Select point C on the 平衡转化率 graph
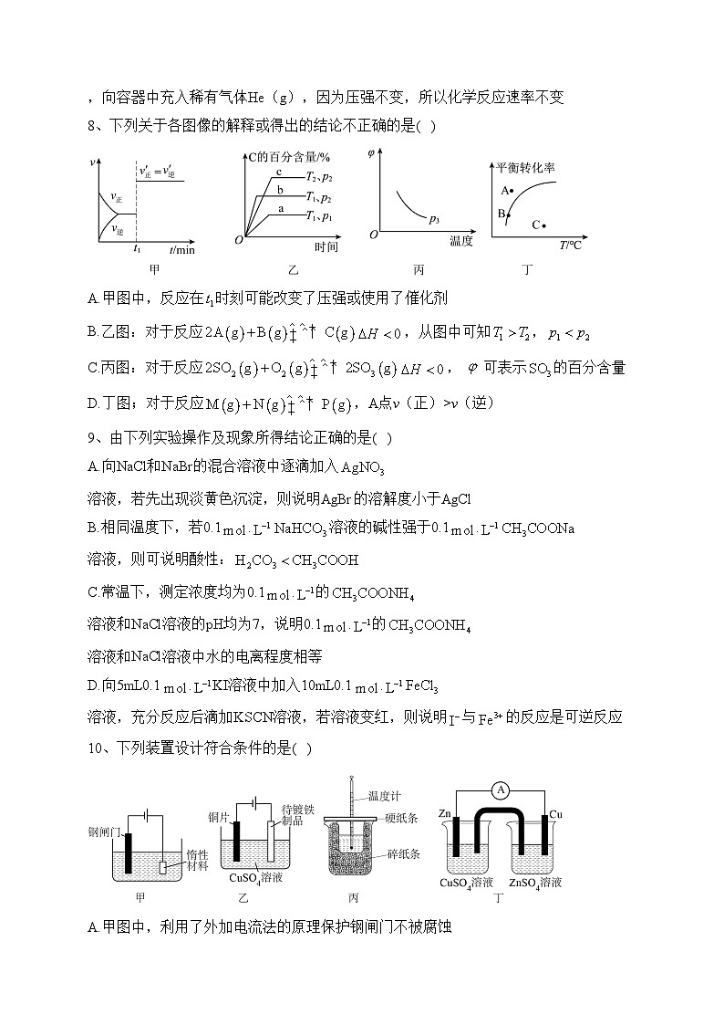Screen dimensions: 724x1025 [x=543, y=224]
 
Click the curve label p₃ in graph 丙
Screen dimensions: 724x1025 [x=434, y=219]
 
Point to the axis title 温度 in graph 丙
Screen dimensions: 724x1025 [x=460, y=242]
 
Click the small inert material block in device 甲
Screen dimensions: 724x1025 [x=163, y=867]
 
